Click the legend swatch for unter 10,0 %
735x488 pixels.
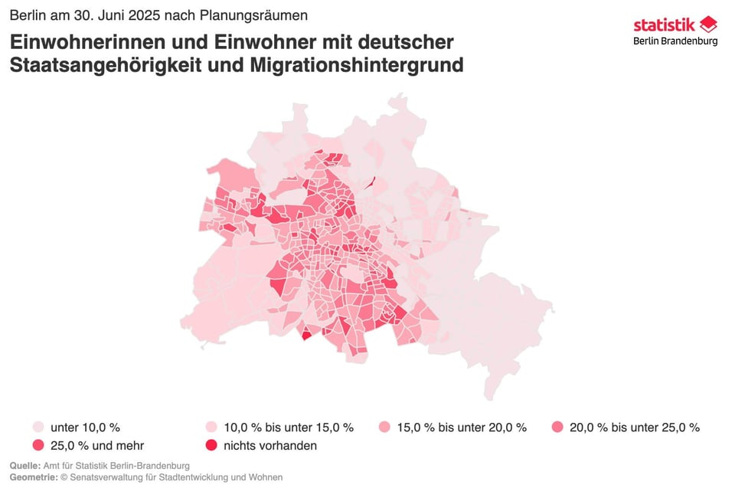point(38,427)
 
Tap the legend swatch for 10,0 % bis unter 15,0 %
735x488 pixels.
point(211,427)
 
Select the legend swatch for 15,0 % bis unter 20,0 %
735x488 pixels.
point(384,427)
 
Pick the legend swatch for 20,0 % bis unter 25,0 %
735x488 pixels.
point(557,427)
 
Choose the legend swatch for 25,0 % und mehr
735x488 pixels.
point(38,446)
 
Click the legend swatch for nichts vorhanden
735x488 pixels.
point(211,446)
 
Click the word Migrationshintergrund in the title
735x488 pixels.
point(357,65)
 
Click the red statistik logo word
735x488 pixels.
point(664,25)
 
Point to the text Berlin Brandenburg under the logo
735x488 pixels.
point(675,41)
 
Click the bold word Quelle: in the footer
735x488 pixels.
point(26,466)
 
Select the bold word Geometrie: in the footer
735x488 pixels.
point(33,477)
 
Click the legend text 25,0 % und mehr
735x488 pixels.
point(97,446)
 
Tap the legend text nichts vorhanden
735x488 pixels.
point(270,446)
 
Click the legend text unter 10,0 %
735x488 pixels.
point(85,427)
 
